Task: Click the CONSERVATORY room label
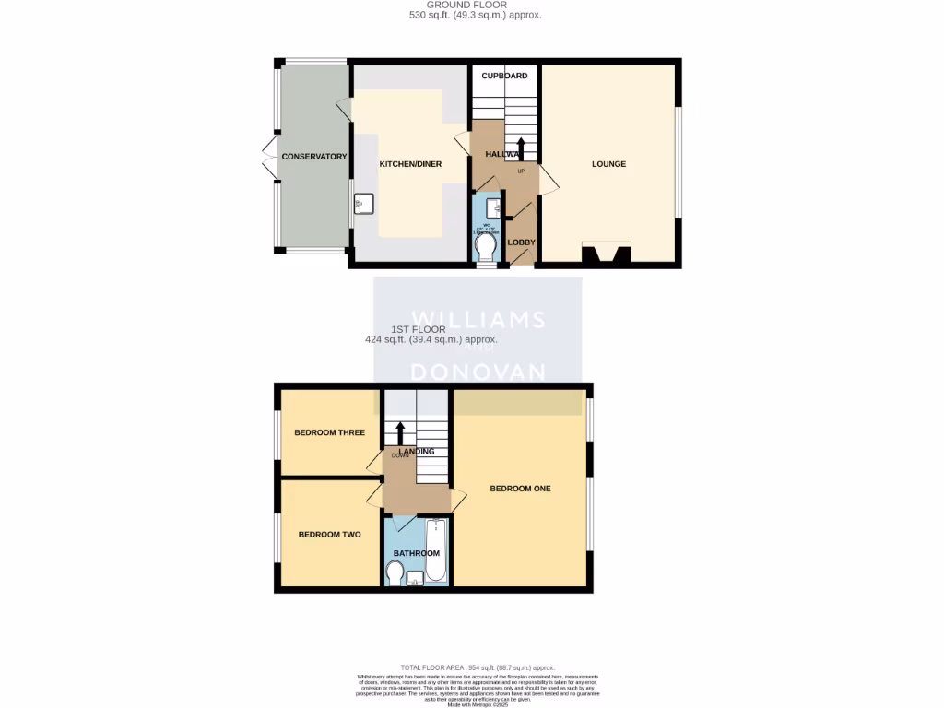pos(313,157)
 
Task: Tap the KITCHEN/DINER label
pos(410,164)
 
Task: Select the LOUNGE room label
pos(608,164)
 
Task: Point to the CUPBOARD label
pos(504,76)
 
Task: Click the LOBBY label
pos(522,242)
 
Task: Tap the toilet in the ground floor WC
pos(486,246)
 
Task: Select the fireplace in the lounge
pos(606,254)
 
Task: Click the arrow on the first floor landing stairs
pos(400,431)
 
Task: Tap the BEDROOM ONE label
pos(520,489)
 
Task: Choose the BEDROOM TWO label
pos(329,534)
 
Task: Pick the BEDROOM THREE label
pos(329,432)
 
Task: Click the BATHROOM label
pos(417,554)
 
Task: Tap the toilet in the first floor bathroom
pos(394,575)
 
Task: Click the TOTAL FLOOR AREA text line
pos(478,667)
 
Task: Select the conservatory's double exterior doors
pos(268,157)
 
